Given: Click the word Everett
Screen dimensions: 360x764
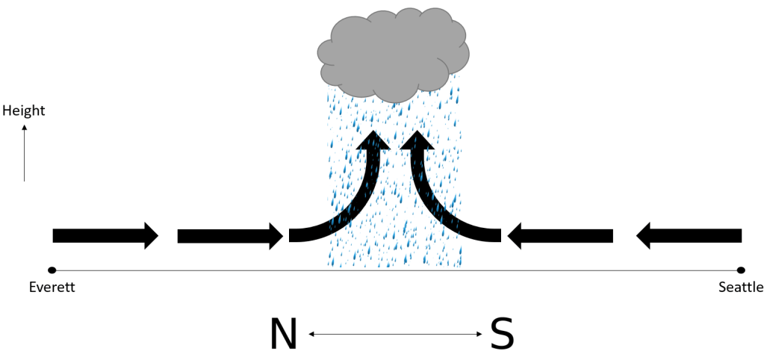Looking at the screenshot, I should pyautogui.click(x=52, y=287).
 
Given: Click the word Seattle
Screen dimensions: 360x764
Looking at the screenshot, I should pyautogui.click(x=740, y=287).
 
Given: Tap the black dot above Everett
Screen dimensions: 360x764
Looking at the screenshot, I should pyautogui.click(x=52, y=270).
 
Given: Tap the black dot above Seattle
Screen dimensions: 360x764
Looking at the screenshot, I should pyautogui.click(x=740, y=270).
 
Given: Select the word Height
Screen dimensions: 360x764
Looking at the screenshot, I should pyautogui.click(x=24, y=111).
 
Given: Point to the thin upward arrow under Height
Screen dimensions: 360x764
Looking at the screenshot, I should pyautogui.click(x=24, y=153).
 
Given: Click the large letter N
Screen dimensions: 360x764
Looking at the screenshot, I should pyautogui.click(x=283, y=334).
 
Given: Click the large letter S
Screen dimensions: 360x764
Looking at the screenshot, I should pyautogui.click(x=502, y=334).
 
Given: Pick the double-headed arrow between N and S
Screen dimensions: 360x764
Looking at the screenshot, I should pyautogui.click(x=395, y=335).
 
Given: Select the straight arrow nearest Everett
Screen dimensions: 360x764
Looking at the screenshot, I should pyautogui.click(x=105, y=236).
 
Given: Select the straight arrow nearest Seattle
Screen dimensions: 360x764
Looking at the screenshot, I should pyautogui.click(x=689, y=236).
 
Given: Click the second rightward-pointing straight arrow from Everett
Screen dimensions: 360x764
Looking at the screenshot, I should pyautogui.click(x=229, y=236).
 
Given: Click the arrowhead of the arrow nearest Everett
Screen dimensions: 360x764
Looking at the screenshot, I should pyautogui.click(x=150, y=236).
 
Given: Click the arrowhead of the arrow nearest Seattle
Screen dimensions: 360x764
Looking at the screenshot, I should pyautogui.click(x=645, y=236).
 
